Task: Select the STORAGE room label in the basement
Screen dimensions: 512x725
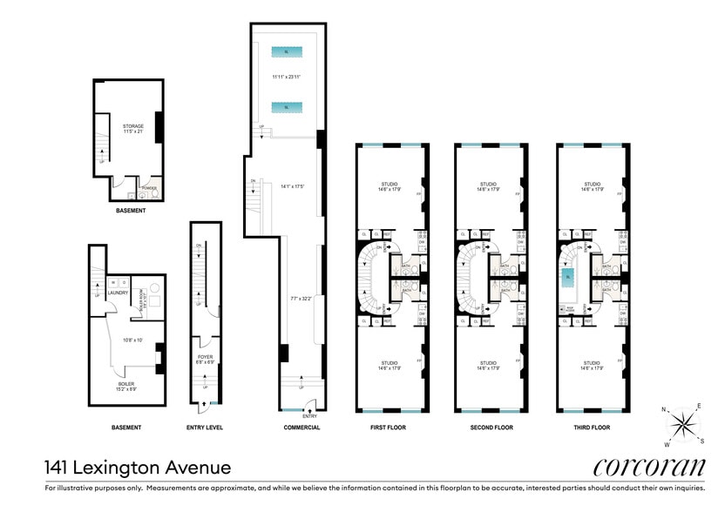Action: [132, 126]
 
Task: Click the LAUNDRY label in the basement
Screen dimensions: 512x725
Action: [118, 293]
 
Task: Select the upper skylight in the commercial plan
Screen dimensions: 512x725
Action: [287, 52]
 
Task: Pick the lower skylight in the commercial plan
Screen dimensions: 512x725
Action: [287, 107]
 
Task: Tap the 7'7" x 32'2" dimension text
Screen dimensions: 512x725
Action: [302, 298]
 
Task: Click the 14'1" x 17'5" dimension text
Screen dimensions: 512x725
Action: [294, 185]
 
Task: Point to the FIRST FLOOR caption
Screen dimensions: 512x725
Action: [389, 428]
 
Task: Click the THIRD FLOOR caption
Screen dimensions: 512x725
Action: [590, 428]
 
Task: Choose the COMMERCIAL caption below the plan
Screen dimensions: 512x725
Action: [302, 428]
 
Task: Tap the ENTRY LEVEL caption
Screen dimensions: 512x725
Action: [205, 428]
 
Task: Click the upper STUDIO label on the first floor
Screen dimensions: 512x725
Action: [389, 184]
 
